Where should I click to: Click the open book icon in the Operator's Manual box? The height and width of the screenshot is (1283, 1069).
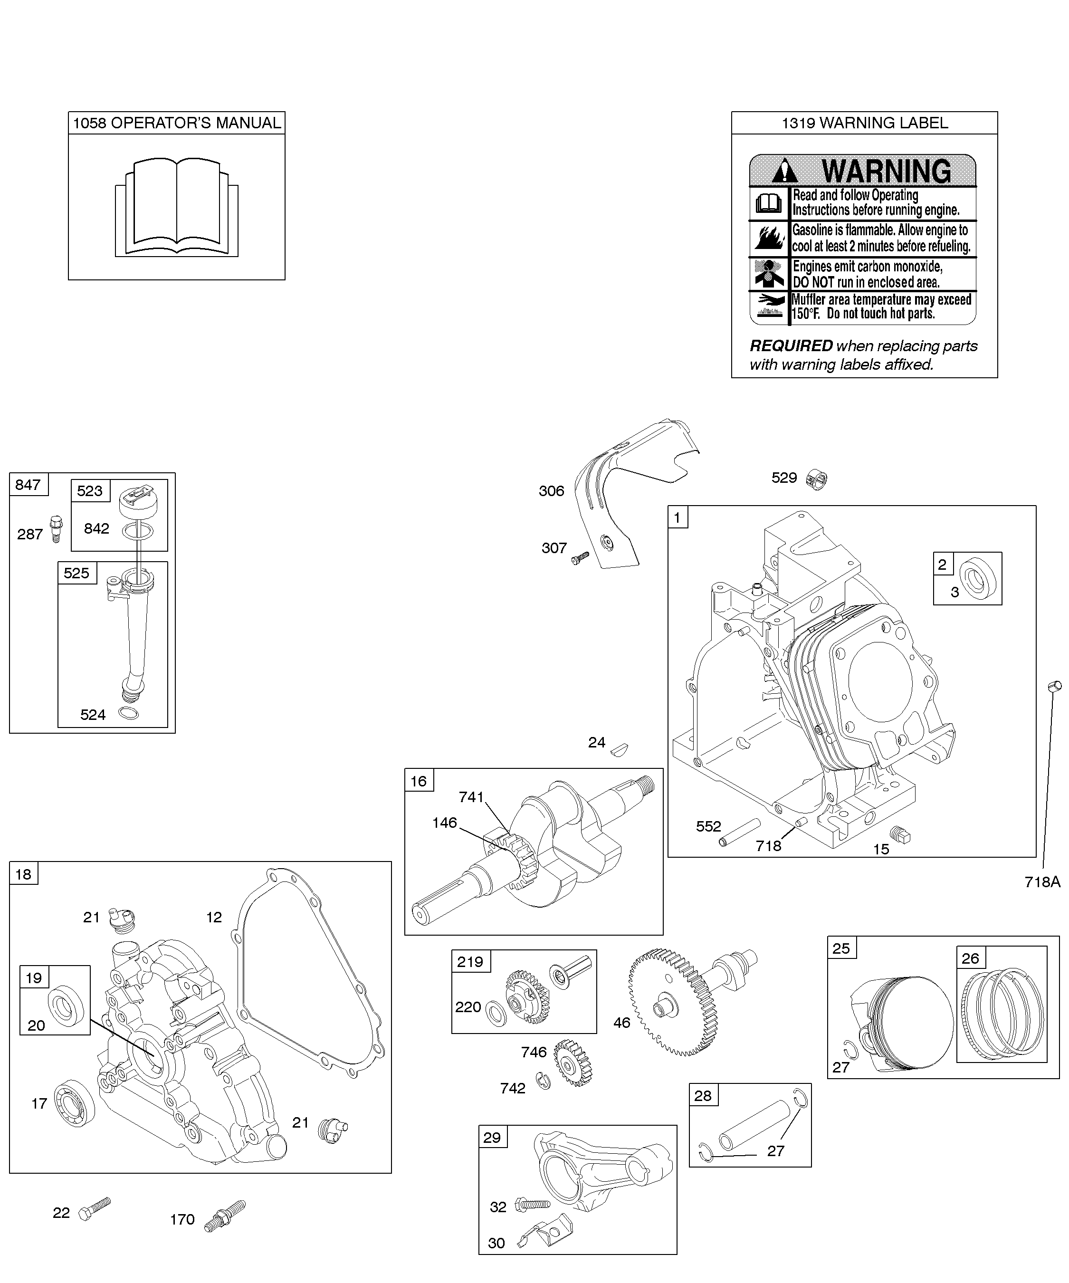click(x=177, y=207)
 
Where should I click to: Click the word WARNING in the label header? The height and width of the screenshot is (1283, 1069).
click(x=887, y=172)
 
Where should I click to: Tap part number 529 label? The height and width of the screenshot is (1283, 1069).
click(x=784, y=478)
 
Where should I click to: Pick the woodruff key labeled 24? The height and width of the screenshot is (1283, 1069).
click(x=619, y=748)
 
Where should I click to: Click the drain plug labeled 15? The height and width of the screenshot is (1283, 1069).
click(x=900, y=834)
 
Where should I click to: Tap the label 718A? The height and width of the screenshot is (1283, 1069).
click(x=1043, y=881)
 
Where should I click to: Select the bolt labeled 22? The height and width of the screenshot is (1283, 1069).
click(x=95, y=1208)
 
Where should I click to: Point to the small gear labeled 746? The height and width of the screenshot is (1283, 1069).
click(x=573, y=1063)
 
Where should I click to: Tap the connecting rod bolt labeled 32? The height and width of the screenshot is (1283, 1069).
click(x=533, y=1204)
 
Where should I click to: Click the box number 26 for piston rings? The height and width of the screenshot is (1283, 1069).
click(x=970, y=958)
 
